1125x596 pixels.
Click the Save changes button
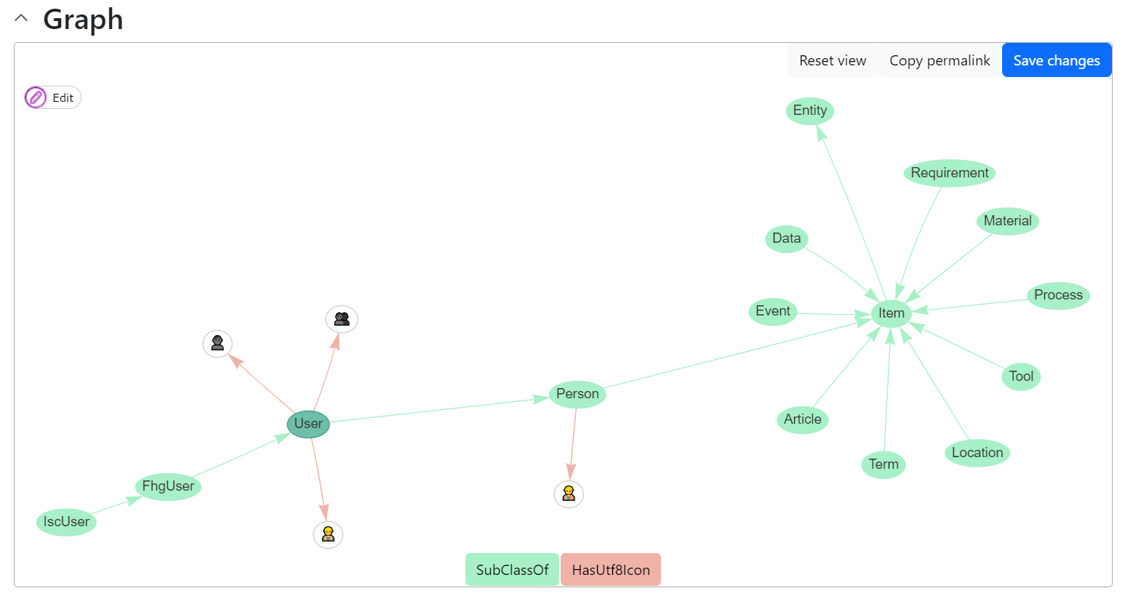coord(1056,60)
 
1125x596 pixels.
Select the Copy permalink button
coord(940,60)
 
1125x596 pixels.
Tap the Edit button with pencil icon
coord(52,97)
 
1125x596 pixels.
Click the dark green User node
coord(308,424)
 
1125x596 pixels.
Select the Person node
coord(577,394)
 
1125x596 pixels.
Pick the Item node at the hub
coord(892,313)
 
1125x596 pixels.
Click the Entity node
coord(810,110)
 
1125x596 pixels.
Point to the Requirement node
coord(950,173)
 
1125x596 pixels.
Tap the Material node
coord(1007,221)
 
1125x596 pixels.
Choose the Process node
coord(1058,295)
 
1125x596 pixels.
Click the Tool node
coord(1021,376)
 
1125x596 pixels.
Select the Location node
coord(977,453)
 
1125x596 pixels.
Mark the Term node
coord(884,464)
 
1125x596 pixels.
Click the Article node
coord(803,419)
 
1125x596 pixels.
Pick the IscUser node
coord(66,522)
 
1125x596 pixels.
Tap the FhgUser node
coord(168,486)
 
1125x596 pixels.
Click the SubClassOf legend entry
coord(512,570)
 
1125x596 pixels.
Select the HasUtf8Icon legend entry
coord(611,570)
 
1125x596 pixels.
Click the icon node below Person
coord(569,494)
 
